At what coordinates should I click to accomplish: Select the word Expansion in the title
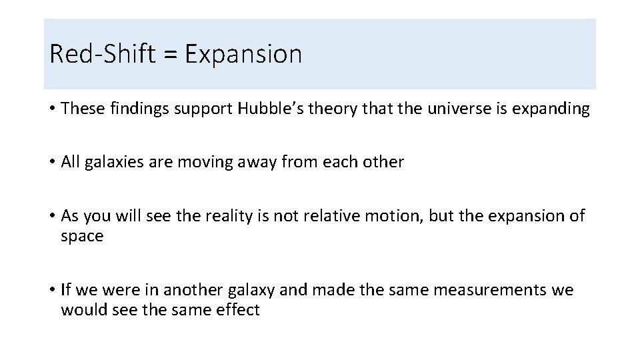click(243, 54)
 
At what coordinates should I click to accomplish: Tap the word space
click(82, 237)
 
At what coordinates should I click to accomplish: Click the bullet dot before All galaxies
click(52, 163)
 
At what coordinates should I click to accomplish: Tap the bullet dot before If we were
click(52, 291)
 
